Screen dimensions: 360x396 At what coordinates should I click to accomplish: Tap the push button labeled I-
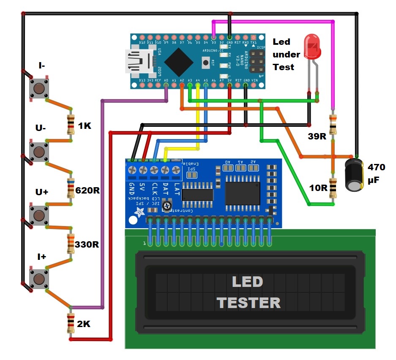point(38,88)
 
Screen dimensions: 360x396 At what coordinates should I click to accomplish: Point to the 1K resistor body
point(71,125)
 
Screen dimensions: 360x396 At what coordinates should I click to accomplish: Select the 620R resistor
point(71,188)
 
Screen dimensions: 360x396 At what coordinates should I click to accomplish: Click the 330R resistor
point(71,244)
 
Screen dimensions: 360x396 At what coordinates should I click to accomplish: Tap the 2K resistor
point(71,324)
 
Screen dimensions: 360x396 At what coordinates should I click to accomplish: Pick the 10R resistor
point(333,188)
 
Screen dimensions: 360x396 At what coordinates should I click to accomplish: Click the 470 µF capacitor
point(354,174)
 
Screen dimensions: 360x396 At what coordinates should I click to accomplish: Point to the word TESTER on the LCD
point(249,303)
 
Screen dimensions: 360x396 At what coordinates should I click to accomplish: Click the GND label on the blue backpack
point(132,188)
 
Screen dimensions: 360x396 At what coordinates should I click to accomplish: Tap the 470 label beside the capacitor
point(376,167)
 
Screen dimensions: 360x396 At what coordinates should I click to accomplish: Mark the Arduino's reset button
point(206,63)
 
